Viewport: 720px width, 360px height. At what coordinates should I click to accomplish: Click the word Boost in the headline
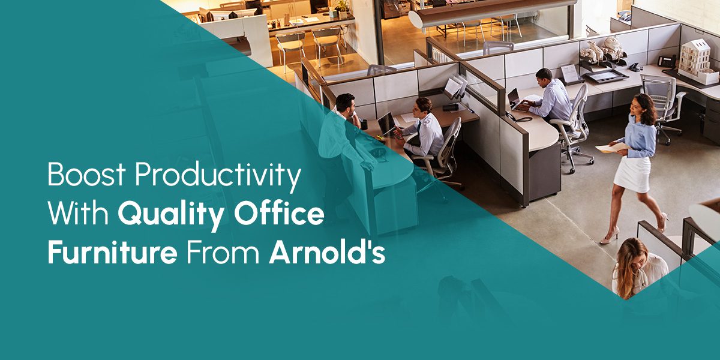86,174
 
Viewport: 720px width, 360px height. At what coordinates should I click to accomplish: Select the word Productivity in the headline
218,177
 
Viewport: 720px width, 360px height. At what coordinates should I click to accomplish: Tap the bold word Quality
170,215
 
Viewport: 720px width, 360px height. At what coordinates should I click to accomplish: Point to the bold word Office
278,212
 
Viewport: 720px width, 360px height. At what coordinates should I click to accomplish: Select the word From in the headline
223,253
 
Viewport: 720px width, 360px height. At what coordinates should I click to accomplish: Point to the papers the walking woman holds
611,147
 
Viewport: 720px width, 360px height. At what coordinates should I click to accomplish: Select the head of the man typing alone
544,77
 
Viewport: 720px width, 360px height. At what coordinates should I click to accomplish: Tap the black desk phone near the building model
667,61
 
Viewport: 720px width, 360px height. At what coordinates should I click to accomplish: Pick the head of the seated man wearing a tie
422,107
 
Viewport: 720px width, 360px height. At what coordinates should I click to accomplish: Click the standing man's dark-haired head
346,103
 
